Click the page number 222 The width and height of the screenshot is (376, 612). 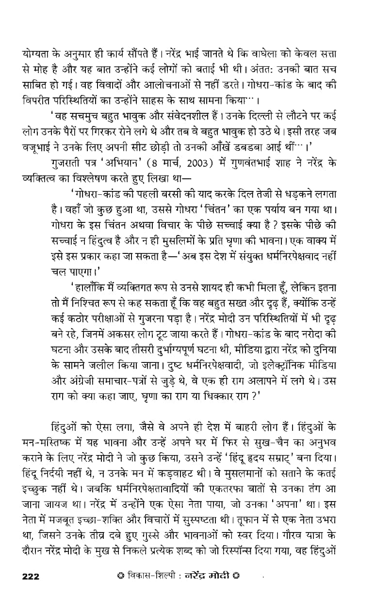point(31,576)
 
